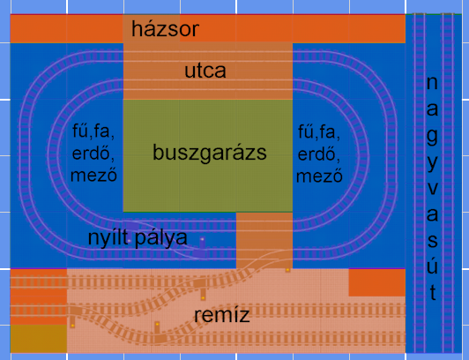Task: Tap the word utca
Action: click(205, 71)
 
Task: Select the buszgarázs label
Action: click(209, 153)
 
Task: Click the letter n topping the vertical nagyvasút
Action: click(431, 84)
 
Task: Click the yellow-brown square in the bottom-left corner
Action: click(38, 340)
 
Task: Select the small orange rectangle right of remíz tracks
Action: click(376, 282)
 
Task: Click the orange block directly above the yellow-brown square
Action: click(38, 297)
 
